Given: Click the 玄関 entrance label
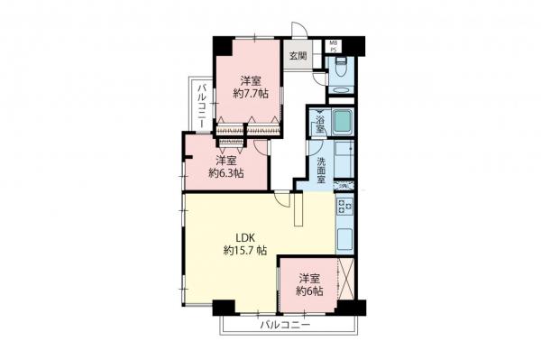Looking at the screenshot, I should click(298, 55).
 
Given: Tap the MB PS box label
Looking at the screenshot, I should click(334, 45).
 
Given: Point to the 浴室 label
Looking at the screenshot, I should click(320, 121).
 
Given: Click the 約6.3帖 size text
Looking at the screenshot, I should click(225, 173).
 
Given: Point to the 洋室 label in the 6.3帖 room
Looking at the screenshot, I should click(225, 160).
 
